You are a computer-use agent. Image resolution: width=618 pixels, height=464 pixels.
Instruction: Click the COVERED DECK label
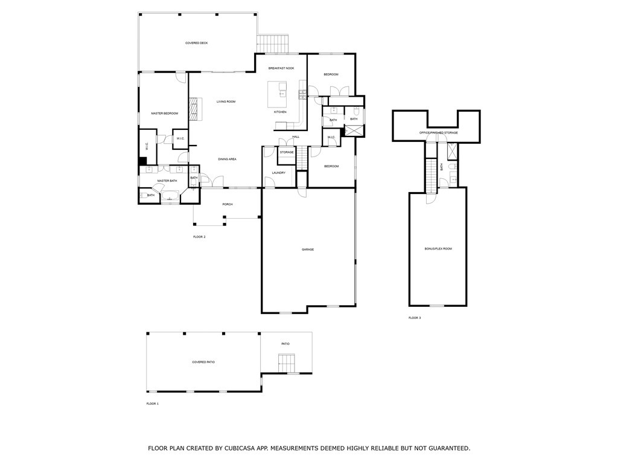(x=196, y=43)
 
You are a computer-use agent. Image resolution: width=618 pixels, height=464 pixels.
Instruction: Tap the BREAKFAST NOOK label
(x=281, y=68)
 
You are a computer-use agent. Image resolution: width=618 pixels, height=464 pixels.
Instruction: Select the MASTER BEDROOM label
(x=164, y=114)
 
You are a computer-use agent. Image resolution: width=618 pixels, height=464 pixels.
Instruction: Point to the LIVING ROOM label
(x=226, y=101)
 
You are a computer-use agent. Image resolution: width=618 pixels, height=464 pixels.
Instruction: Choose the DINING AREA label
(x=227, y=159)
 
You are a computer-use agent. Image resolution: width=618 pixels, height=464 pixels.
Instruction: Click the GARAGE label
(x=308, y=250)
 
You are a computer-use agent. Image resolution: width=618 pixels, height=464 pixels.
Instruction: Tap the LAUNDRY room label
(x=278, y=173)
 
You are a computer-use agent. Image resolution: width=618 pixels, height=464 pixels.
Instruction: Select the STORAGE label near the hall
(x=287, y=152)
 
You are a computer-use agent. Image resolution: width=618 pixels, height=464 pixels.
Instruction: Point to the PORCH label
(x=228, y=204)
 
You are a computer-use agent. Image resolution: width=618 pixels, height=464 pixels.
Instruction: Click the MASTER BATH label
(x=167, y=181)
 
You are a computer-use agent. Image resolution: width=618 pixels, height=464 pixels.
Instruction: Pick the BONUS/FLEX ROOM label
(x=438, y=249)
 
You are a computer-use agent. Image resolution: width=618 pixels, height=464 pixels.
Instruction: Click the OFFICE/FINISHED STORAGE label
(x=439, y=132)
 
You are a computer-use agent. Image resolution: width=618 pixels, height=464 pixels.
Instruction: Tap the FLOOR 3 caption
(x=415, y=318)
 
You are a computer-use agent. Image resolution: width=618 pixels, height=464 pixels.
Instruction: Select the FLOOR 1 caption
(x=152, y=404)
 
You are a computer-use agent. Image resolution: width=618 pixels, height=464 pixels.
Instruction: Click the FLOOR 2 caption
(x=199, y=237)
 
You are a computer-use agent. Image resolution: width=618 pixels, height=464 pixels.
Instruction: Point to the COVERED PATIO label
(x=203, y=362)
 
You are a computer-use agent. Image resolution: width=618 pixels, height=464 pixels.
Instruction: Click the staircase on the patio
(x=286, y=364)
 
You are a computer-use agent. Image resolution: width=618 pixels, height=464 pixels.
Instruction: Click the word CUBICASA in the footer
(x=234, y=448)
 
